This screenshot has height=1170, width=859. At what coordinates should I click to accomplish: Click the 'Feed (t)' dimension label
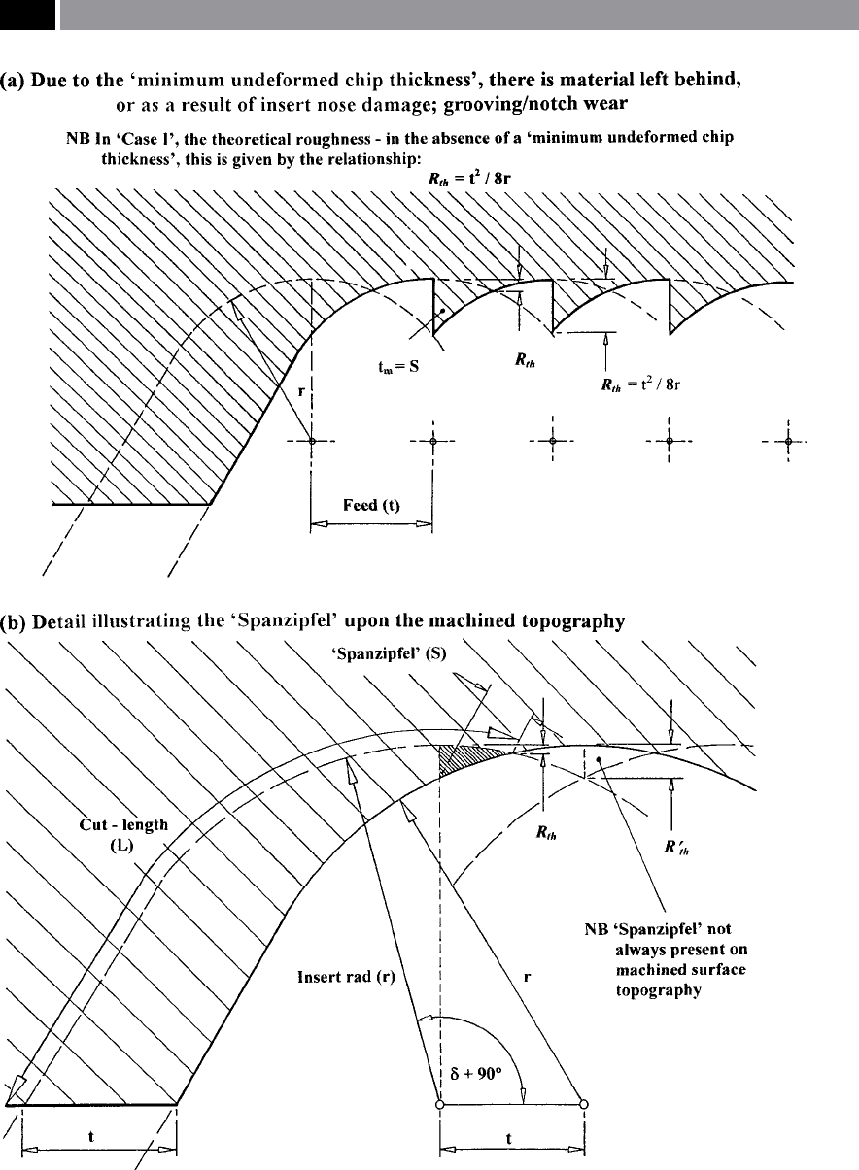click(x=371, y=506)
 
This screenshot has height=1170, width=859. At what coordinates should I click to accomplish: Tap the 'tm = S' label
click(x=398, y=367)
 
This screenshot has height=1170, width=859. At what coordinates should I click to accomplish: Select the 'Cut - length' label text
click(x=124, y=824)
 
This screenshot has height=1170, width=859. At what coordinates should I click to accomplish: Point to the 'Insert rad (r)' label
click(x=346, y=977)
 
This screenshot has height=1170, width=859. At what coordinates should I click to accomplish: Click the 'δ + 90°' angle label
click(x=476, y=1073)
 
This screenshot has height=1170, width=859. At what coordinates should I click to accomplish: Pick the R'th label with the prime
click(x=676, y=847)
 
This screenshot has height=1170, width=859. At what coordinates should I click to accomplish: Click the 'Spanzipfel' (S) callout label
click(x=389, y=653)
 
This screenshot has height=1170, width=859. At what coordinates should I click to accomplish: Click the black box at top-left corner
click(x=27, y=15)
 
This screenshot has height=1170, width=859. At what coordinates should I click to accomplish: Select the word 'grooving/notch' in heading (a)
click(x=503, y=104)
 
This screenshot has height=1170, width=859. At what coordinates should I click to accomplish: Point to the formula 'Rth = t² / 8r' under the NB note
click(x=469, y=179)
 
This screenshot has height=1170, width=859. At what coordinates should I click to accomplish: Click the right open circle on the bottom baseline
click(x=584, y=1104)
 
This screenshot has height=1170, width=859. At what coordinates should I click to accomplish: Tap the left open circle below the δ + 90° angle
click(x=439, y=1104)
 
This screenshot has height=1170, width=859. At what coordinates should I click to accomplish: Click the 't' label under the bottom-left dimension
click(x=91, y=1136)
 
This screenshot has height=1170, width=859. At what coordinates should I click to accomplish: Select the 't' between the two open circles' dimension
click(x=509, y=1138)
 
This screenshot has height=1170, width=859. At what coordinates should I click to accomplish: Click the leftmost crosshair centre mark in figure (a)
click(x=312, y=441)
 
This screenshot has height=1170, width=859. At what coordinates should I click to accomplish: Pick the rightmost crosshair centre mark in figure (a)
click(x=788, y=442)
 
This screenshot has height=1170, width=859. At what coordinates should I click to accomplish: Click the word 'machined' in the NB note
click(x=647, y=969)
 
